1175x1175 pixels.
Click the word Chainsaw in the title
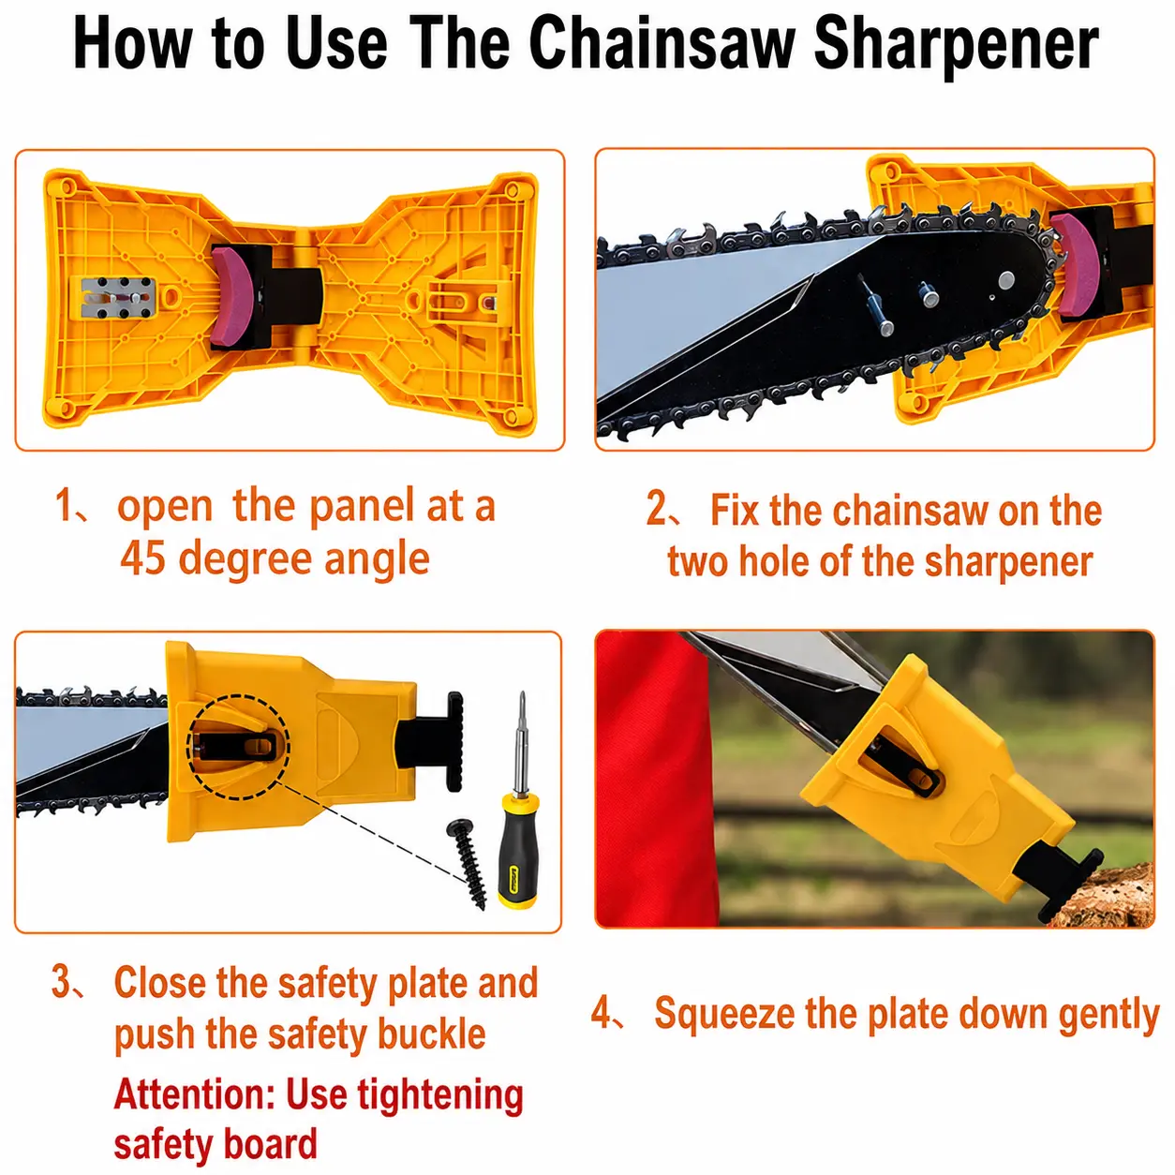[x=662, y=43]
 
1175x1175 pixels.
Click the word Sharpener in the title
[x=956, y=46]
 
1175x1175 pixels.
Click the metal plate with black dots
[x=118, y=298]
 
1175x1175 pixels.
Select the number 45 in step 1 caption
[x=142, y=558]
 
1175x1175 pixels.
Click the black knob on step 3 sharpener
[x=454, y=741]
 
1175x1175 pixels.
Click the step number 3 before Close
[x=61, y=982]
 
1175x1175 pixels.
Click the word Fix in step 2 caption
[x=735, y=510]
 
